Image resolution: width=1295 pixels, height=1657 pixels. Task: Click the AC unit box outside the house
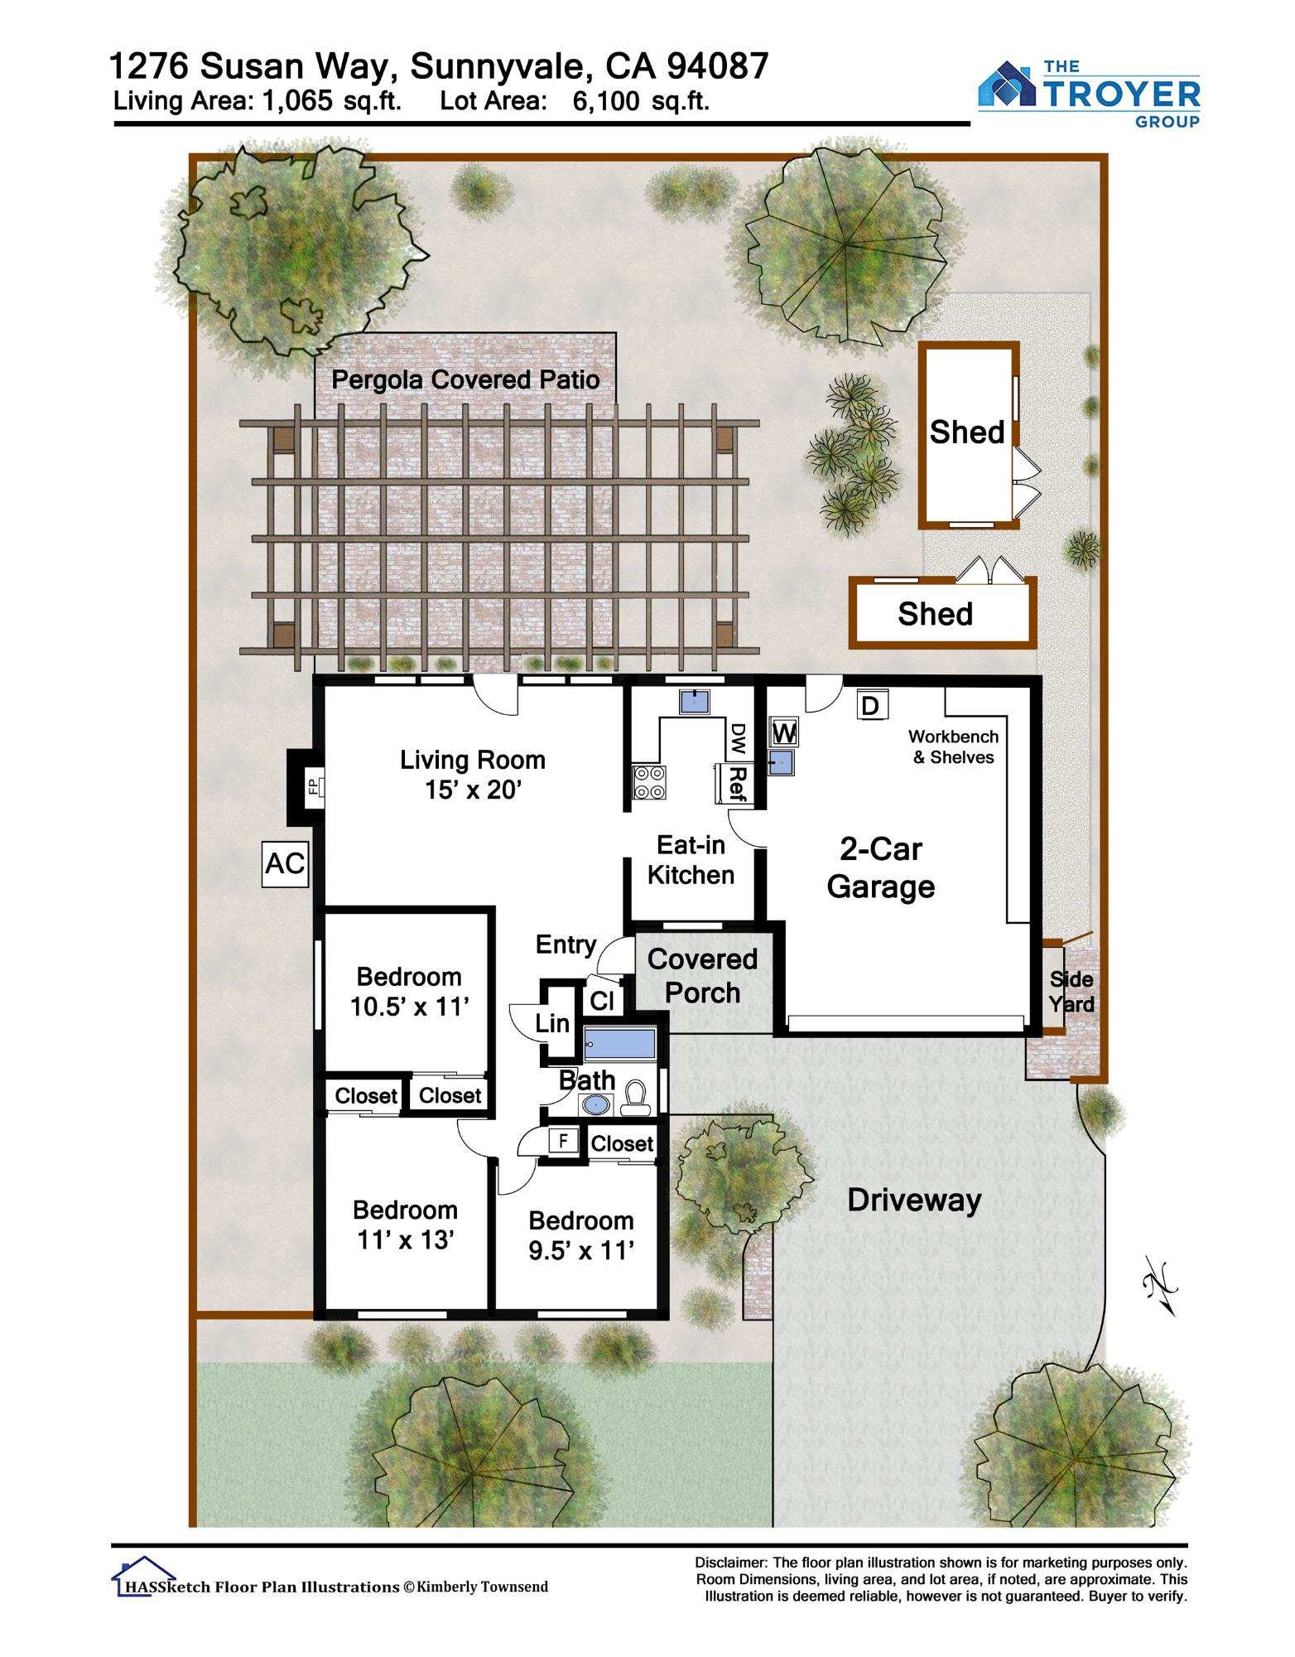coord(286,864)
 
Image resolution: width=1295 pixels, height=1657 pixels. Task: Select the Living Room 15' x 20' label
coord(473,775)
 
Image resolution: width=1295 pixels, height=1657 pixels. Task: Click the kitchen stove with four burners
coord(649,782)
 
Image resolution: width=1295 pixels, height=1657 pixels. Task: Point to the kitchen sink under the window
coord(695,702)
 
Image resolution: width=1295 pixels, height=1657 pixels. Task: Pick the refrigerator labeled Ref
coord(734,784)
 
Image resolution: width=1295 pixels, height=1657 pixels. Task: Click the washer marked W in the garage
coord(784,732)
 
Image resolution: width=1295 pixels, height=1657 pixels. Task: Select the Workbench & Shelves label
coord(953,746)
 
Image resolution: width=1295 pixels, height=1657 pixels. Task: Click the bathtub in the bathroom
coord(620,1042)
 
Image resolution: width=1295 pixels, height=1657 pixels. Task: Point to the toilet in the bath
coord(636,1097)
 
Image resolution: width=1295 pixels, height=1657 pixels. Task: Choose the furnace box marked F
coord(563,1141)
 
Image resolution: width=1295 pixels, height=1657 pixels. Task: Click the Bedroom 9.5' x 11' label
coord(581,1235)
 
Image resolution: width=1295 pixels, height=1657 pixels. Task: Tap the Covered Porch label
coord(702,975)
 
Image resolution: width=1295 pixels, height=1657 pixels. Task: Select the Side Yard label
coord(1071,992)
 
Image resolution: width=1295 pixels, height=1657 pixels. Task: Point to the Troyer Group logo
coord(1090,94)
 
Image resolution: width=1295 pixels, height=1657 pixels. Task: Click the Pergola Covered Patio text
coord(465,379)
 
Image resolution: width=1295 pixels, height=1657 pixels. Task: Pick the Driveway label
coord(914,1200)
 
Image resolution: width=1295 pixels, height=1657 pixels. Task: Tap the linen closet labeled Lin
coord(552,1023)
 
